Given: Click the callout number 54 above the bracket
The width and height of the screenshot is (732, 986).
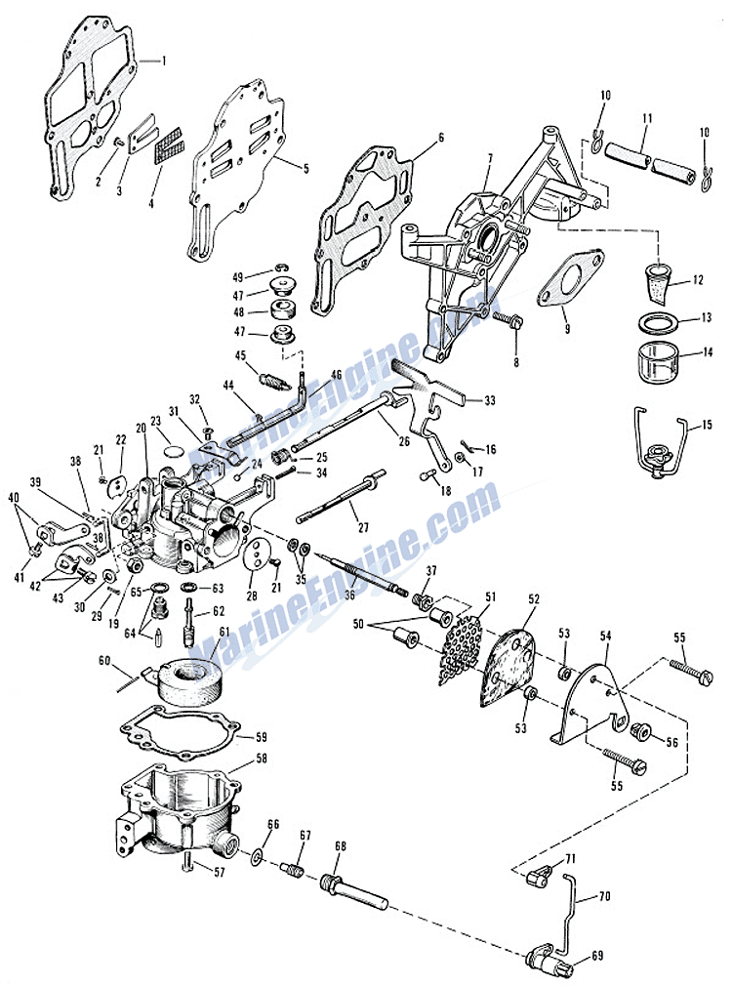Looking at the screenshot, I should click(606, 635).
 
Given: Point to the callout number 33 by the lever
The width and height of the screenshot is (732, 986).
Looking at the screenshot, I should click(489, 399).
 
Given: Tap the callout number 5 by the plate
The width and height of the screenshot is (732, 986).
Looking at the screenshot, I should click(305, 168).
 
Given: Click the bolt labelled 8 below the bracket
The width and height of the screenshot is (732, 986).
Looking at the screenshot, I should click(511, 321).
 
